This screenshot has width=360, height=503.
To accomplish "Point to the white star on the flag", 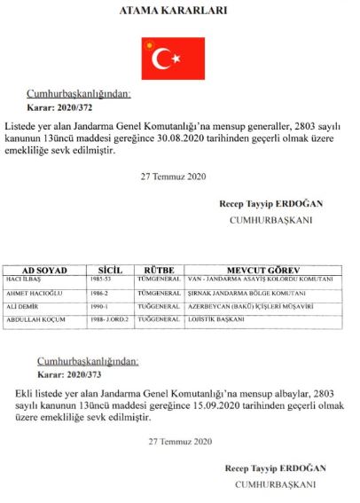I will point(176,59).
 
